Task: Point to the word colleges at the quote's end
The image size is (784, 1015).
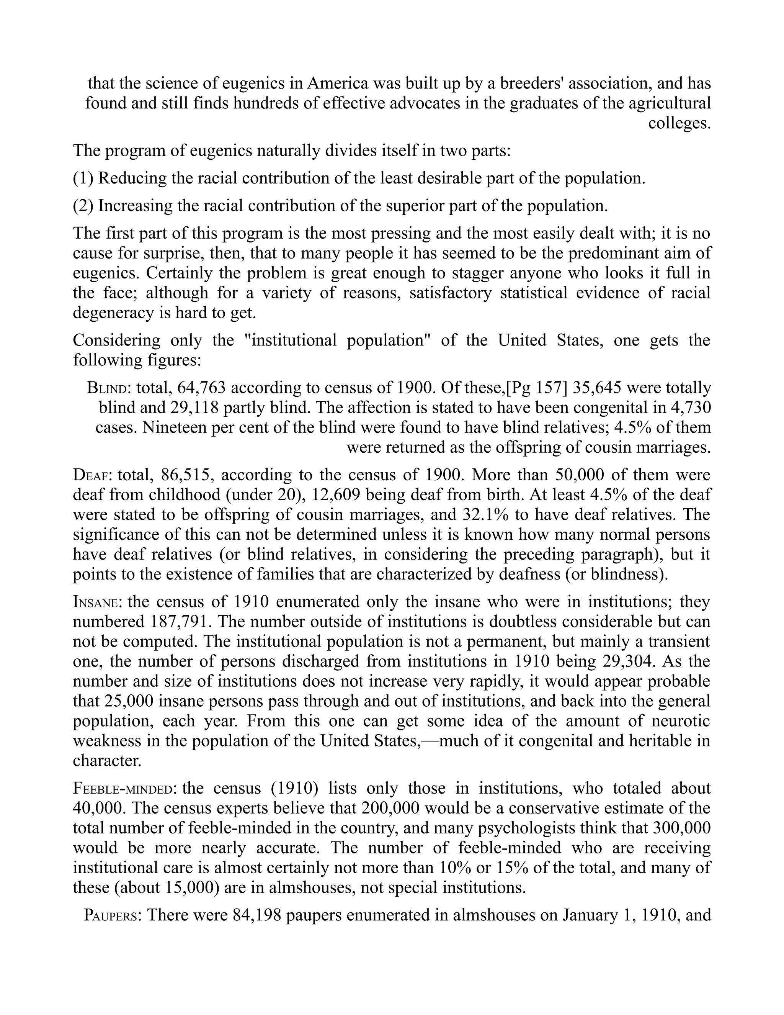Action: (679, 124)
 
